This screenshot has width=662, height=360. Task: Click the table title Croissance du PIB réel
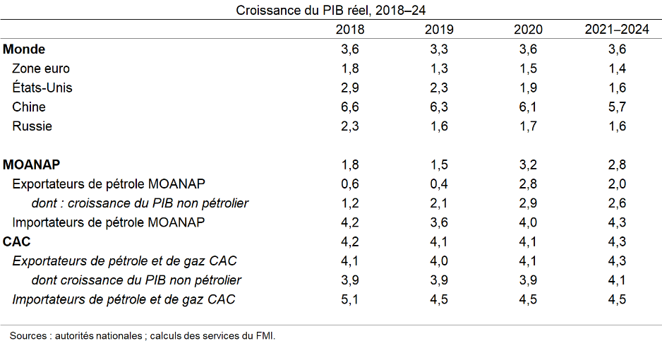330,10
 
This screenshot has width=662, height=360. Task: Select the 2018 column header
350,30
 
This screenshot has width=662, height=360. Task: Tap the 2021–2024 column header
617,30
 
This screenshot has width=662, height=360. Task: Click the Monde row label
25,49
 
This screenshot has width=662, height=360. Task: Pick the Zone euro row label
41,68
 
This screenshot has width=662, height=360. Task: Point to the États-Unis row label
42,88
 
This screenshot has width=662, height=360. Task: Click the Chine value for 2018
350,107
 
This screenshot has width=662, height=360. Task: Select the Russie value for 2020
528,126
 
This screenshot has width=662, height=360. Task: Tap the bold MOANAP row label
32,164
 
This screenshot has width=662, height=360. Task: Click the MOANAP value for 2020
528,164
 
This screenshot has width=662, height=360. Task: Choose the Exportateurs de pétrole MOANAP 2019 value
439,184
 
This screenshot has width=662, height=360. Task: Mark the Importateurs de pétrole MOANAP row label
109,222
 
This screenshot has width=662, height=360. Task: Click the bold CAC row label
17,241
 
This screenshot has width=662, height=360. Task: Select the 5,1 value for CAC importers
350,299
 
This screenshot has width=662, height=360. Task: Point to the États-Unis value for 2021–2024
617,88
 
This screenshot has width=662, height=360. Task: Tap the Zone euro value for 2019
439,68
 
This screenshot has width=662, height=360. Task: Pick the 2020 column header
528,30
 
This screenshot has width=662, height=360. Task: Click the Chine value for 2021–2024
617,107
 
